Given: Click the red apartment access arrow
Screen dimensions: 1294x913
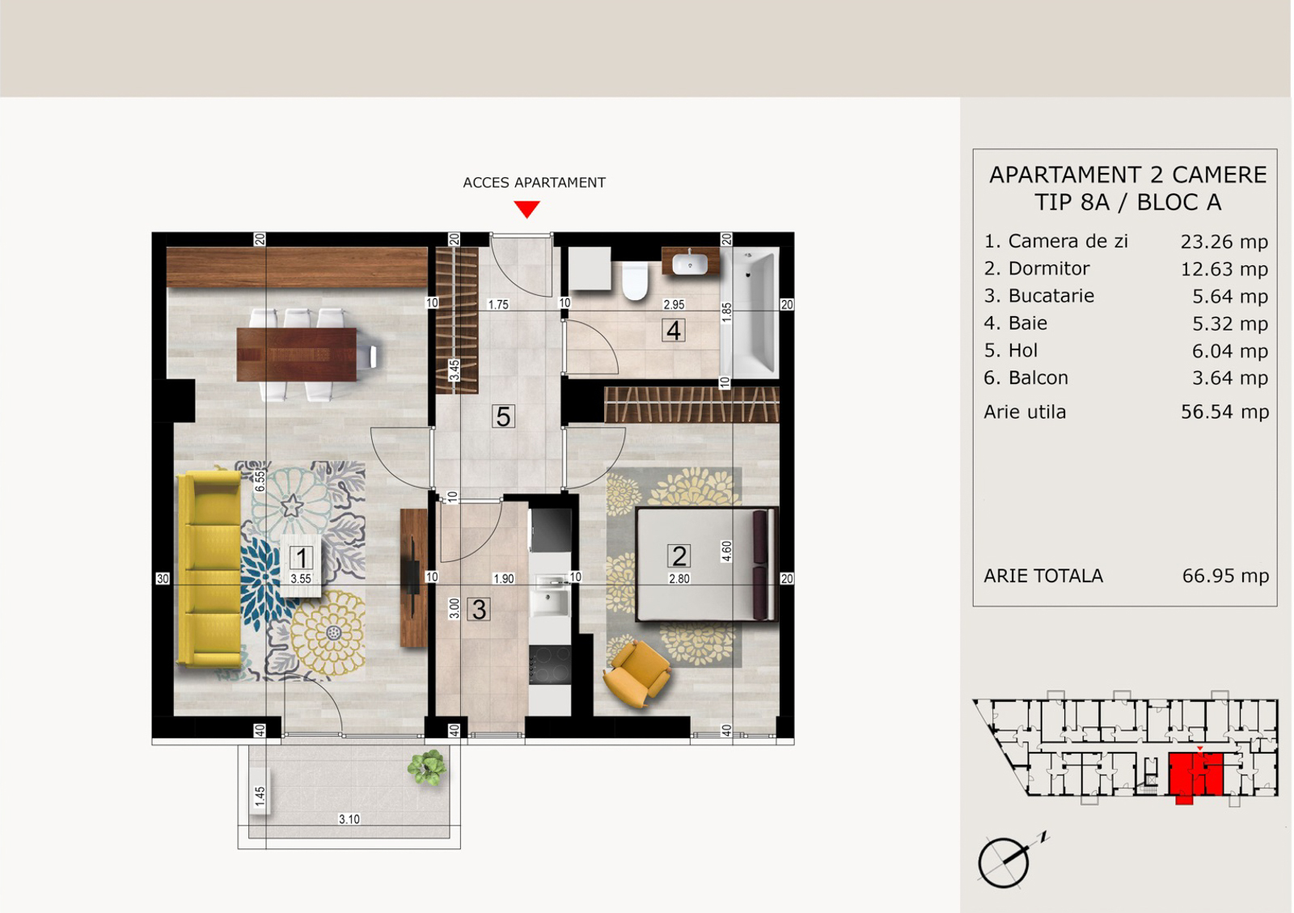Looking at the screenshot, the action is [526, 209].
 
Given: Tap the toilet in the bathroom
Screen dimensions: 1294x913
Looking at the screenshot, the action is [635, 281].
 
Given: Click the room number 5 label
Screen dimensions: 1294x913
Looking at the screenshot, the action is [502, 416].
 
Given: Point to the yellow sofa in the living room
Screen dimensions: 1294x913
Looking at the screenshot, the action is [209, 569].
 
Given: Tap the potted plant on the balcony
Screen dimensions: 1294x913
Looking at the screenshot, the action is [427, 767].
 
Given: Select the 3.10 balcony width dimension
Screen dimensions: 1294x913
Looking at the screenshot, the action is [349, 819].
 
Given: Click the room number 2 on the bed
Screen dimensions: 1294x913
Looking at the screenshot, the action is [679, 556].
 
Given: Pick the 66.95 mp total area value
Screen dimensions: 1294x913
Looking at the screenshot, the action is [1225, 576].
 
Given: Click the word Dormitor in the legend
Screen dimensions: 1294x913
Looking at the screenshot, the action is [1048, 268].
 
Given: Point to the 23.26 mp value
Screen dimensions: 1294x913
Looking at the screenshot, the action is [1224, 241].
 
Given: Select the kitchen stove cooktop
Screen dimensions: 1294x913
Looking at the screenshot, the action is [549, 665].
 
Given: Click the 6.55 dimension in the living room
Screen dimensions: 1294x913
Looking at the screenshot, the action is [260, 481].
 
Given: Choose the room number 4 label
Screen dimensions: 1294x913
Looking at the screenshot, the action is [674, 330].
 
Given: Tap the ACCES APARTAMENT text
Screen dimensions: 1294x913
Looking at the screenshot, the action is [534, 183].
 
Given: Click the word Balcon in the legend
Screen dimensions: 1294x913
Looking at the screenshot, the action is [1038, 378].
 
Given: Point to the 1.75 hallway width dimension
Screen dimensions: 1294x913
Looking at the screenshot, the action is [498, 304].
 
